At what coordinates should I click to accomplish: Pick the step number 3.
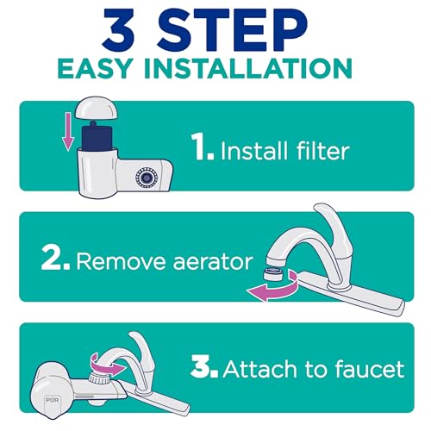pos(205,370)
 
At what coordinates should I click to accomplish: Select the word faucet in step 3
pos(366,370)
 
